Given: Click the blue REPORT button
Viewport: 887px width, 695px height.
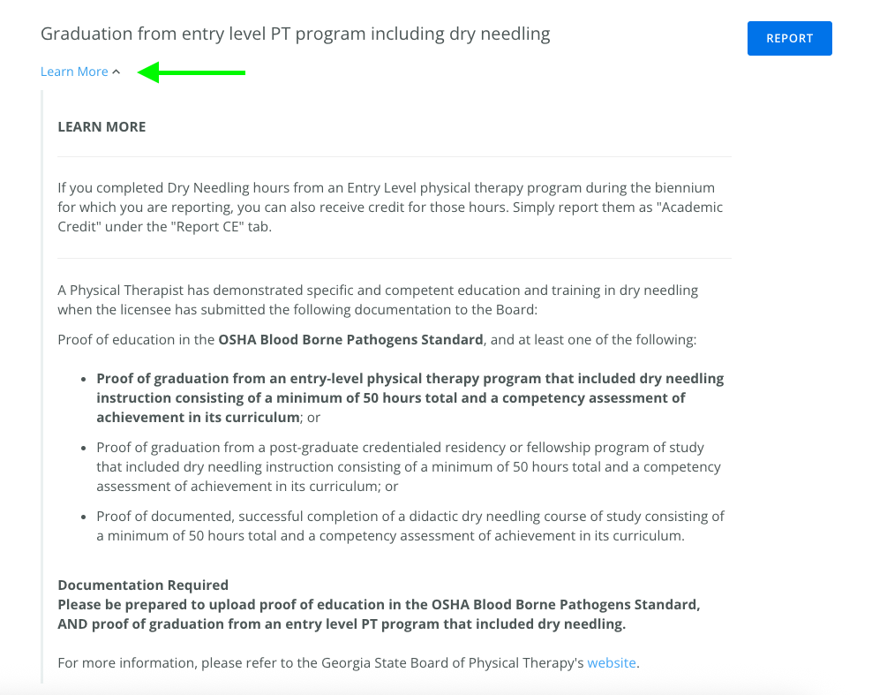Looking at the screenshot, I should [789, 39].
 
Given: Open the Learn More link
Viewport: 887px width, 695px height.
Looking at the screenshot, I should [74, 72].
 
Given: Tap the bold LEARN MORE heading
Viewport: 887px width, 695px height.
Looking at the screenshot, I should [101, 127].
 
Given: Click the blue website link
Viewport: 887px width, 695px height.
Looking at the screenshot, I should [612, 662].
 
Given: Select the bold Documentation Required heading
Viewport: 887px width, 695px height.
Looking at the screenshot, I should [143, 585].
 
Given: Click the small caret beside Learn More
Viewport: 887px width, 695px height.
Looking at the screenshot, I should [117, 72].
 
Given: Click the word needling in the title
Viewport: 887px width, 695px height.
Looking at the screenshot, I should [515, 34].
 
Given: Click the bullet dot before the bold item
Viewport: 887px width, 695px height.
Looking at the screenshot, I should [85, 379].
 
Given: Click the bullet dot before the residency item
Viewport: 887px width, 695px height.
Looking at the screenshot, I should [85, 448].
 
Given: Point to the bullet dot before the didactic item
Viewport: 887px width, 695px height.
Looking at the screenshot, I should [85, 517].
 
